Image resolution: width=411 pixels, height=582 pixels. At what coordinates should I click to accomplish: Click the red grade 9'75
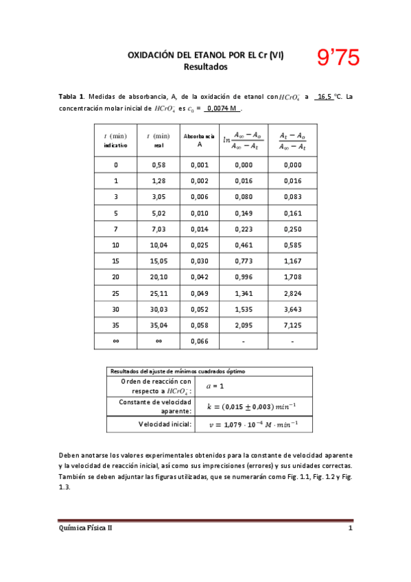point(338,58)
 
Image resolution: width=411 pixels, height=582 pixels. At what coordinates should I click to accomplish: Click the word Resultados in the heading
point(205,67)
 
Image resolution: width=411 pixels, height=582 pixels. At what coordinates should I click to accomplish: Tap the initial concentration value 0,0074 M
point(223,108)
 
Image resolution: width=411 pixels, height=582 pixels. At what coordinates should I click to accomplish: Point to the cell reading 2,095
point(244,325)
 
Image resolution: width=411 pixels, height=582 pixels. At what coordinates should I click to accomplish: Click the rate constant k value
point(253,406)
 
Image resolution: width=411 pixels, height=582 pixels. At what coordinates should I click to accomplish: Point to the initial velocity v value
point(253,425)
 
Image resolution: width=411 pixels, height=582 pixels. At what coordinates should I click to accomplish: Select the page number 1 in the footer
point(350,528)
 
